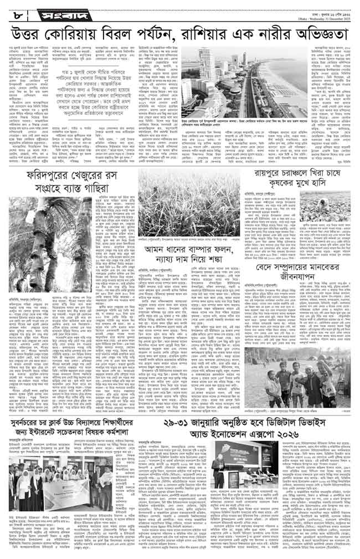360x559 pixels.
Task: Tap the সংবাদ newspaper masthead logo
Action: point(52,9)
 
